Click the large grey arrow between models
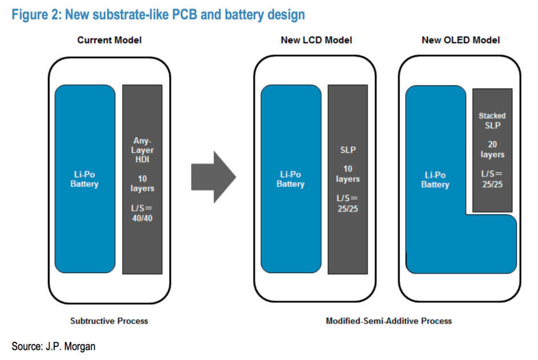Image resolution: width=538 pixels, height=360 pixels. (212, 177)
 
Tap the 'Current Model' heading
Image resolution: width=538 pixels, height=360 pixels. (109, 40)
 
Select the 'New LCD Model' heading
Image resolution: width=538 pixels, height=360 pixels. (316, 40)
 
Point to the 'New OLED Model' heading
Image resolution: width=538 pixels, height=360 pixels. (460, 40)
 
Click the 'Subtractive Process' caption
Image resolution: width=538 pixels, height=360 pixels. (109, 321)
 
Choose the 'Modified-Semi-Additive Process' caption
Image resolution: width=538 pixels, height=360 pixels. (389, 321)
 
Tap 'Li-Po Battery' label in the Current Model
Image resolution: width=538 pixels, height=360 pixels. (84, 179)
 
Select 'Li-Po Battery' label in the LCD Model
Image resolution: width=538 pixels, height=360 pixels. (291, 179)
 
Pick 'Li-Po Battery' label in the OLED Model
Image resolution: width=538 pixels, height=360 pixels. (435, 179)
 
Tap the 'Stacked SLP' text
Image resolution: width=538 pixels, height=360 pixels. (492, 120)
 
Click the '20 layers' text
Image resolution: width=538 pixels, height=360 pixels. (492, 149)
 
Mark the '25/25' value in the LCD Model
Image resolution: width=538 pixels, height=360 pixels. (348, 208)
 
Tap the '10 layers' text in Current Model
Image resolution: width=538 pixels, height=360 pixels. (142, 183)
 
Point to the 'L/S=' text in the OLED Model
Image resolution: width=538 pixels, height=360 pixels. (492, 173)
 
